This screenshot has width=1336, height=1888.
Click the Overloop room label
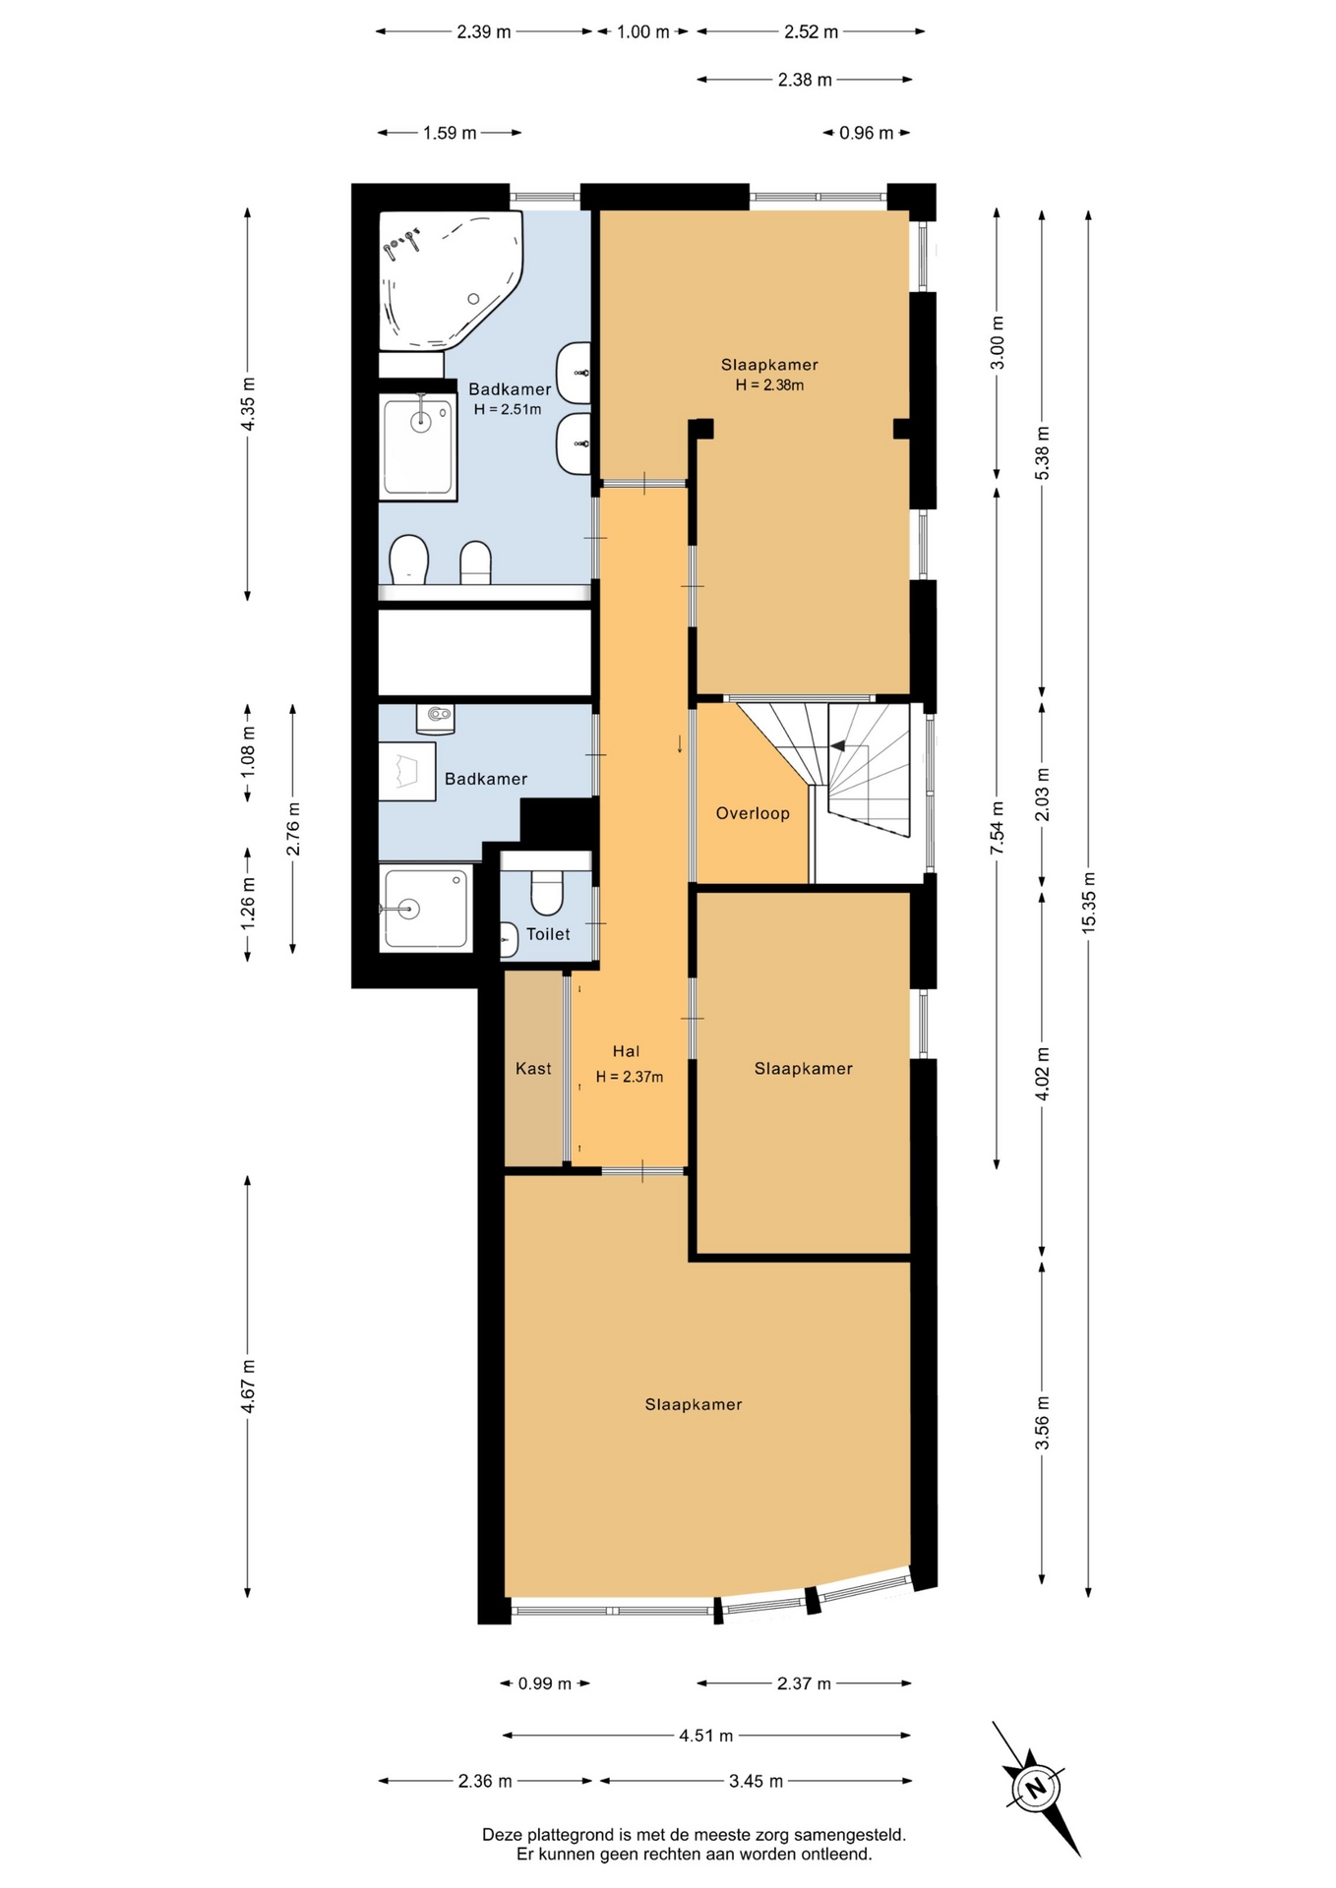click(753, 813)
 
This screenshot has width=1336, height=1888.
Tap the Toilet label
click(548, 934)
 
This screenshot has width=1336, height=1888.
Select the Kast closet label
click(533, 1069)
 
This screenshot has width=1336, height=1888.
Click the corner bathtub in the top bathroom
click(452, 279)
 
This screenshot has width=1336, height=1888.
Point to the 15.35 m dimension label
click(1088, 903)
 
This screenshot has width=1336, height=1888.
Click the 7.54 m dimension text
click(997, 829)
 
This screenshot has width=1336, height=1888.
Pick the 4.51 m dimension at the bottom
click(705, 1736)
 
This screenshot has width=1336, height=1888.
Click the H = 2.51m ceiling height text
click(508, 409)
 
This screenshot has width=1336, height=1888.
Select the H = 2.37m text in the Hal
click(630, 1077)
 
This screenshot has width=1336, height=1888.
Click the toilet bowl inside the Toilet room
click(546, 893)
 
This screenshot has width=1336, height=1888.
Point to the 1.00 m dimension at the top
click(643, 31)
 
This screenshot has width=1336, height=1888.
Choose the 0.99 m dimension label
click(545, 1683)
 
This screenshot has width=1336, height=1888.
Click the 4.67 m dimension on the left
click(248, 1386)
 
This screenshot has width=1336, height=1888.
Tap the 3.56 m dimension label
click(1042, 1423)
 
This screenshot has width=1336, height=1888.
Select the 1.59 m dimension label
click(450, 133)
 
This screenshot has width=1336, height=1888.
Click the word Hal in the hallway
click(626, 1051)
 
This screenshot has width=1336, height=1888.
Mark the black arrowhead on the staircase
click(837, 746)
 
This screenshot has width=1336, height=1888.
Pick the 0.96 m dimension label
click(867, 133)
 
